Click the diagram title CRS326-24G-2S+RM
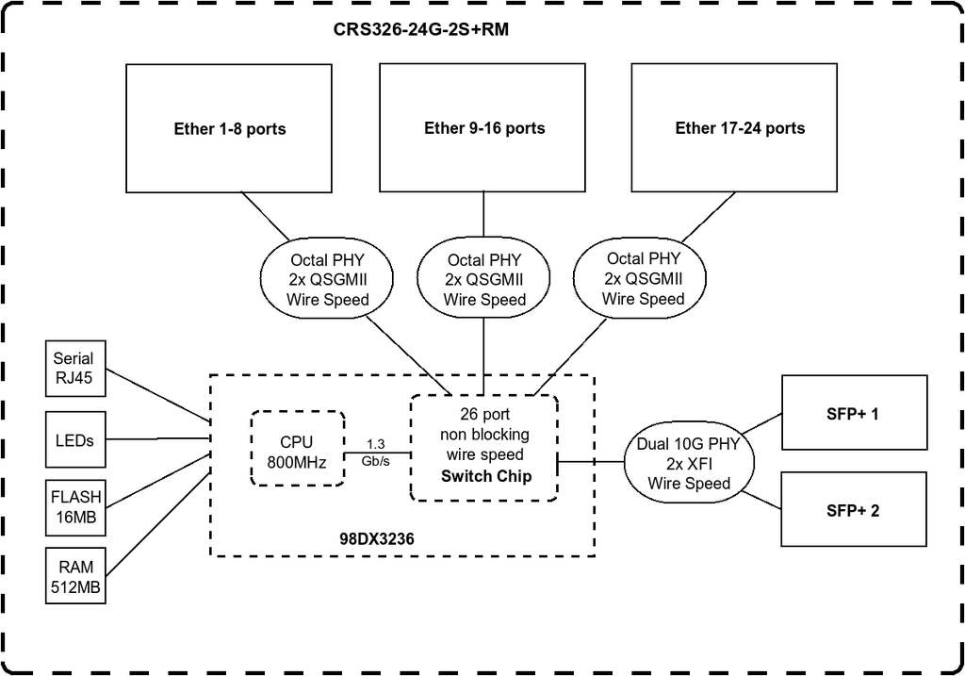click(421, 29)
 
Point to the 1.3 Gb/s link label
click(375, 453)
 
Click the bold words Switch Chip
click(486, 476)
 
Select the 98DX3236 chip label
click(377, 539)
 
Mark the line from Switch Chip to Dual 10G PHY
click(591, 461)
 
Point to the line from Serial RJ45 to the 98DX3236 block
click(158, 395)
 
